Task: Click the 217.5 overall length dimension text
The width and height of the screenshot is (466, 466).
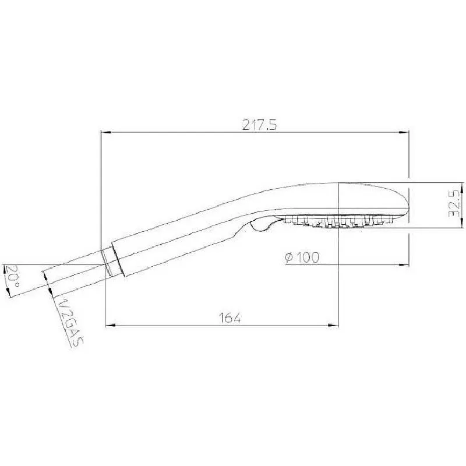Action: tap(259, 125)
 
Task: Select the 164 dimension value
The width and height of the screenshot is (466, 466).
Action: tap(230, 318)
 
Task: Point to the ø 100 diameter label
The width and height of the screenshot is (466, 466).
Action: tap(302, 257)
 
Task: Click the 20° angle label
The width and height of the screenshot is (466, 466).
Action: tap(12, 276)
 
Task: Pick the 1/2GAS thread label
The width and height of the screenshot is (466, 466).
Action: tap(69, 320)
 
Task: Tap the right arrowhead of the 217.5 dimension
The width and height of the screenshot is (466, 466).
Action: tap(404, 133)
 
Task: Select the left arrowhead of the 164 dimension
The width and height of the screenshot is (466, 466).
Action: tap(110, 326)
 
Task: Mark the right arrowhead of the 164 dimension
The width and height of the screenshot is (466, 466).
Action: tap(334, 326)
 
